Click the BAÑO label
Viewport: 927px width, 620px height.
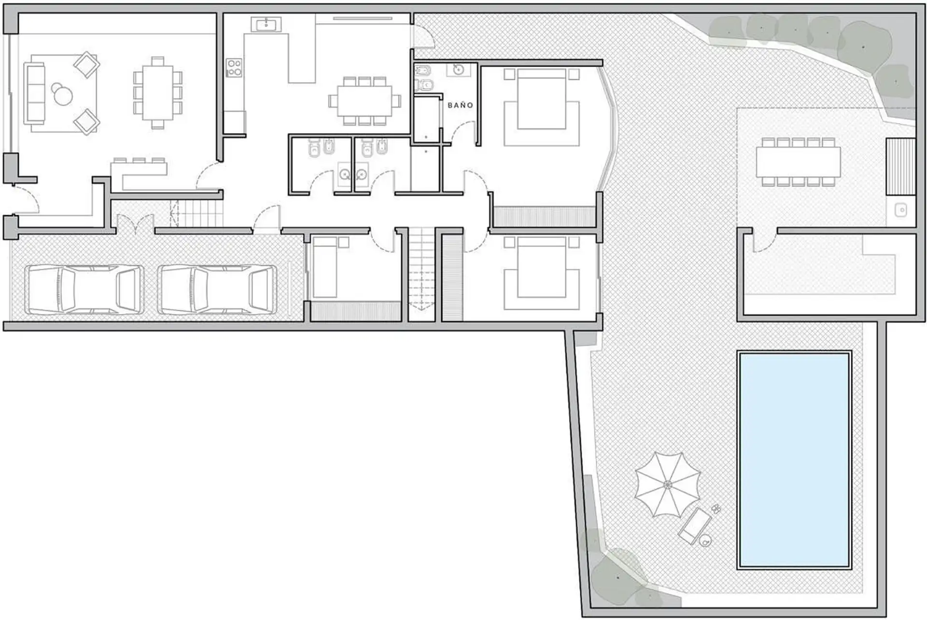click(460, 105)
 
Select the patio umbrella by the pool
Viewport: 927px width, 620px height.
click(667, 484)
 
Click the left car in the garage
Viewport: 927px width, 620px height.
click(84, 289)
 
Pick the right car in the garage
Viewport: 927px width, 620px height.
click(217, 289)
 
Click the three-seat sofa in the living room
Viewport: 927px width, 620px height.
click(34, 94)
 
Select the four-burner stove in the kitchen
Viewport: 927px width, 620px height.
click(234, 68)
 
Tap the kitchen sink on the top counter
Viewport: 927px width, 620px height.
click(266, 24)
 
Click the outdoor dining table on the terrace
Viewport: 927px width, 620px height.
click(798, 162)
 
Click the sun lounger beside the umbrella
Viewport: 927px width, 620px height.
click(695, 525)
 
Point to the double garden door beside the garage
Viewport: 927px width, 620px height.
click(135, 223)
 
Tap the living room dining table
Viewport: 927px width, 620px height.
click(157, 93)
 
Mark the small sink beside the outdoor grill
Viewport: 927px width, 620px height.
click(901, 210)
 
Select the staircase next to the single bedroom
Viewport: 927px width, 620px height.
click(421, 274)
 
